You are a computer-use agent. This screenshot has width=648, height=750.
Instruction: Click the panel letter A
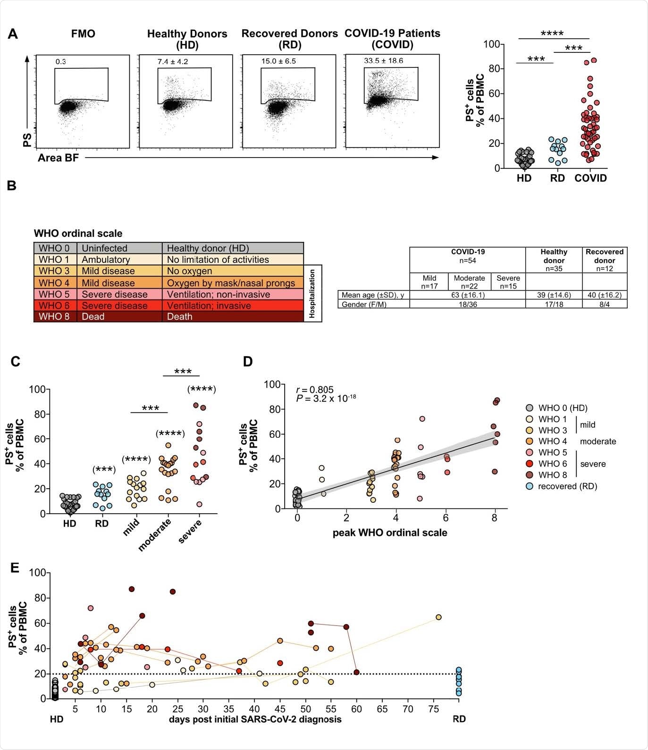tap(13, 34)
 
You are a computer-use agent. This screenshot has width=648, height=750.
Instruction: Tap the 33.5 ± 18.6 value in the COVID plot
tap(383, 61)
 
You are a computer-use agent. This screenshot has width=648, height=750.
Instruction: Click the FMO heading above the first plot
tap(83, 34)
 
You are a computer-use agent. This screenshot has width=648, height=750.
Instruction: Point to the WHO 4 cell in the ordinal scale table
tap(54, 283)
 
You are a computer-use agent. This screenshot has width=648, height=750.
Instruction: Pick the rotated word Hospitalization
tap(312, 293)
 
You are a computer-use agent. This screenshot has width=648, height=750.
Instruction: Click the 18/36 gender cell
tap(467, 304)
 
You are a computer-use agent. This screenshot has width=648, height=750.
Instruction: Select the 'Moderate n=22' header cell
tap(469, 282)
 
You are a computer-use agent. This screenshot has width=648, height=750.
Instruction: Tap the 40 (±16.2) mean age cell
tap(604, 295)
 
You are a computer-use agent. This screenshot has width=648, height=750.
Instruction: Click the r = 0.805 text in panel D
tap(315, 390)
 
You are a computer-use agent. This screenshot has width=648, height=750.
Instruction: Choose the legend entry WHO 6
tap(552, 464)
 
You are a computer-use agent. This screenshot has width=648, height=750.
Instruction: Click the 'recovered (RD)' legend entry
tap(567, 486)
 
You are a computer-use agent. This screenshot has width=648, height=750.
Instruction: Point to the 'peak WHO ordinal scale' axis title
tap(390, 533)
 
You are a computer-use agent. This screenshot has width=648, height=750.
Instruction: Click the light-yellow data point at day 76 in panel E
tap(438, 617)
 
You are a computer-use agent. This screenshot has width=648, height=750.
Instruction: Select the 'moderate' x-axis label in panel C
tap(154, 534)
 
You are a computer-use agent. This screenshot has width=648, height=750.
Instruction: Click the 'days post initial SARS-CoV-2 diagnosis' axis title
tap(255, 719)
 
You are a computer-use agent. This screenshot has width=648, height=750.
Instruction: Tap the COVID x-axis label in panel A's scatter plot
tap(590, 178)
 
